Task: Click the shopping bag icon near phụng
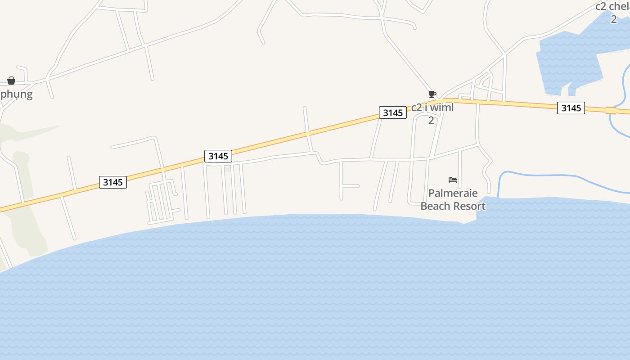(x=11, y=81)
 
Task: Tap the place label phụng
(x=17, y=94)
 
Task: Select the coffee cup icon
(x=432, y=94)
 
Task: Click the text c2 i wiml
(x=432, y=108)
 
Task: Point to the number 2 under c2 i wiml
(x=431, y=121)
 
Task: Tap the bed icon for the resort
(x=453, y=180)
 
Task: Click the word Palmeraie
(x=453, y=193)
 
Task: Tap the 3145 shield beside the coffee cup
(x=393, y=112)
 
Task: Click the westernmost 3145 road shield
(x=112, y=182)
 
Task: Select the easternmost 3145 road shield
(x=571, y=108)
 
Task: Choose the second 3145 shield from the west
(x=218, y=156)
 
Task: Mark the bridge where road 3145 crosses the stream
(x=611, y=110)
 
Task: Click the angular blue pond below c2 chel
(x=571, y=58)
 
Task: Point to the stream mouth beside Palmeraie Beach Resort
(x=499, y=196)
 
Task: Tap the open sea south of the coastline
(x=315, y=292)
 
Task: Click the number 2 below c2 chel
(x=614, y=19)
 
